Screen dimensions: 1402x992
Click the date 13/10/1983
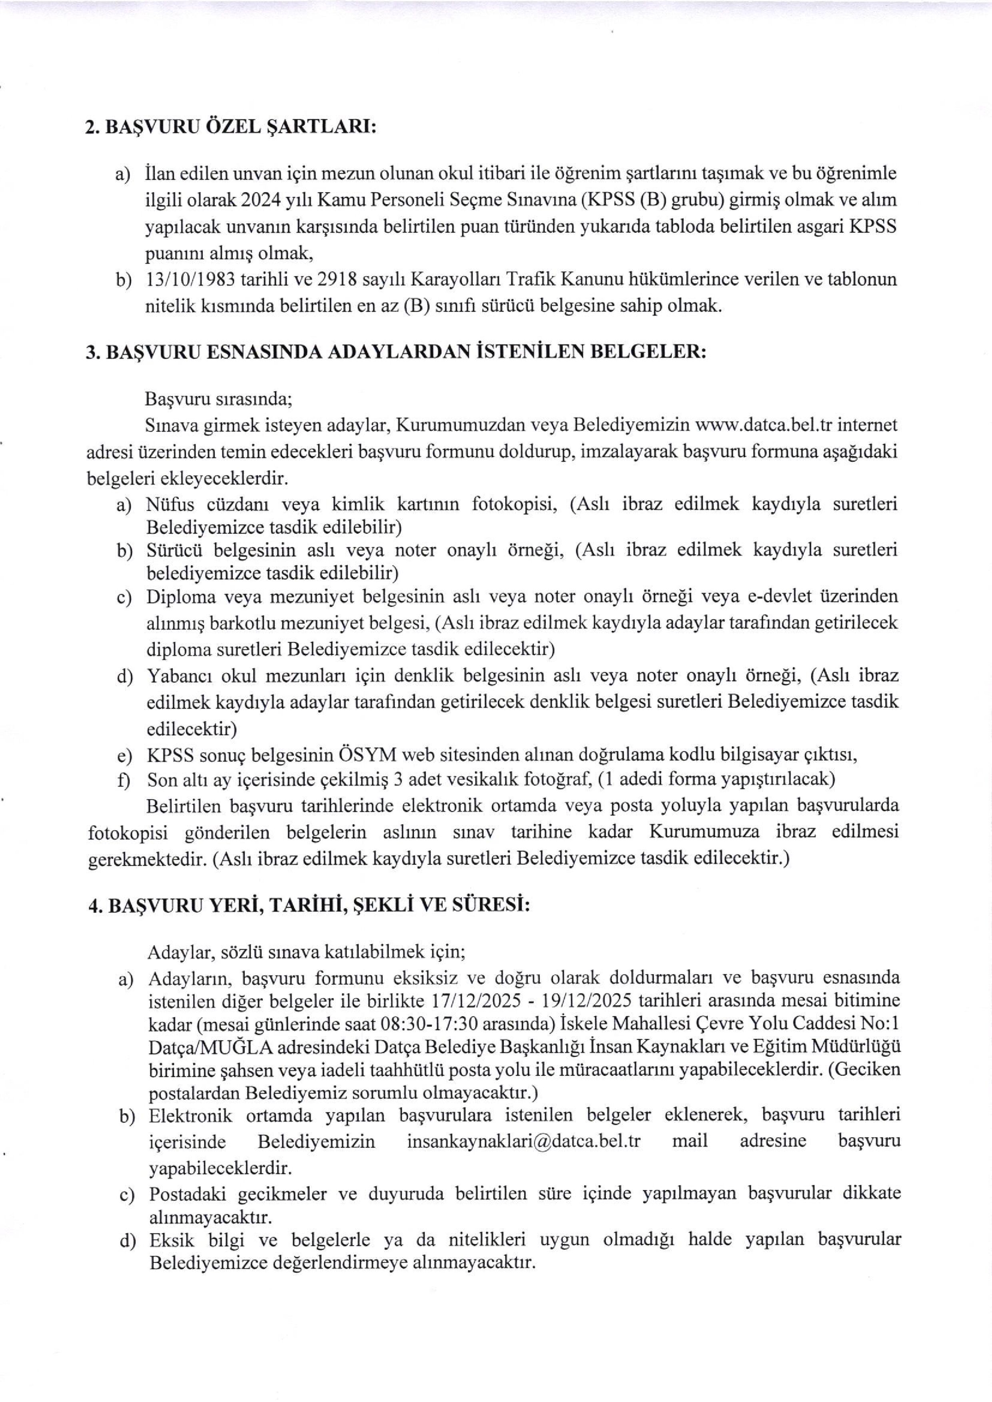190,280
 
